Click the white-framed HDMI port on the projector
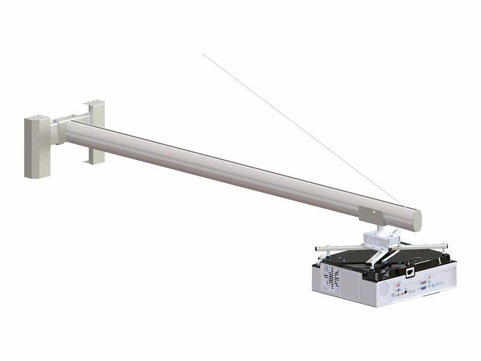coord(409,272)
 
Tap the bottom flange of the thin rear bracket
coord(94,159)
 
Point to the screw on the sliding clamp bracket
coord(373,212)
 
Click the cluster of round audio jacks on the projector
coord(400,288)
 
